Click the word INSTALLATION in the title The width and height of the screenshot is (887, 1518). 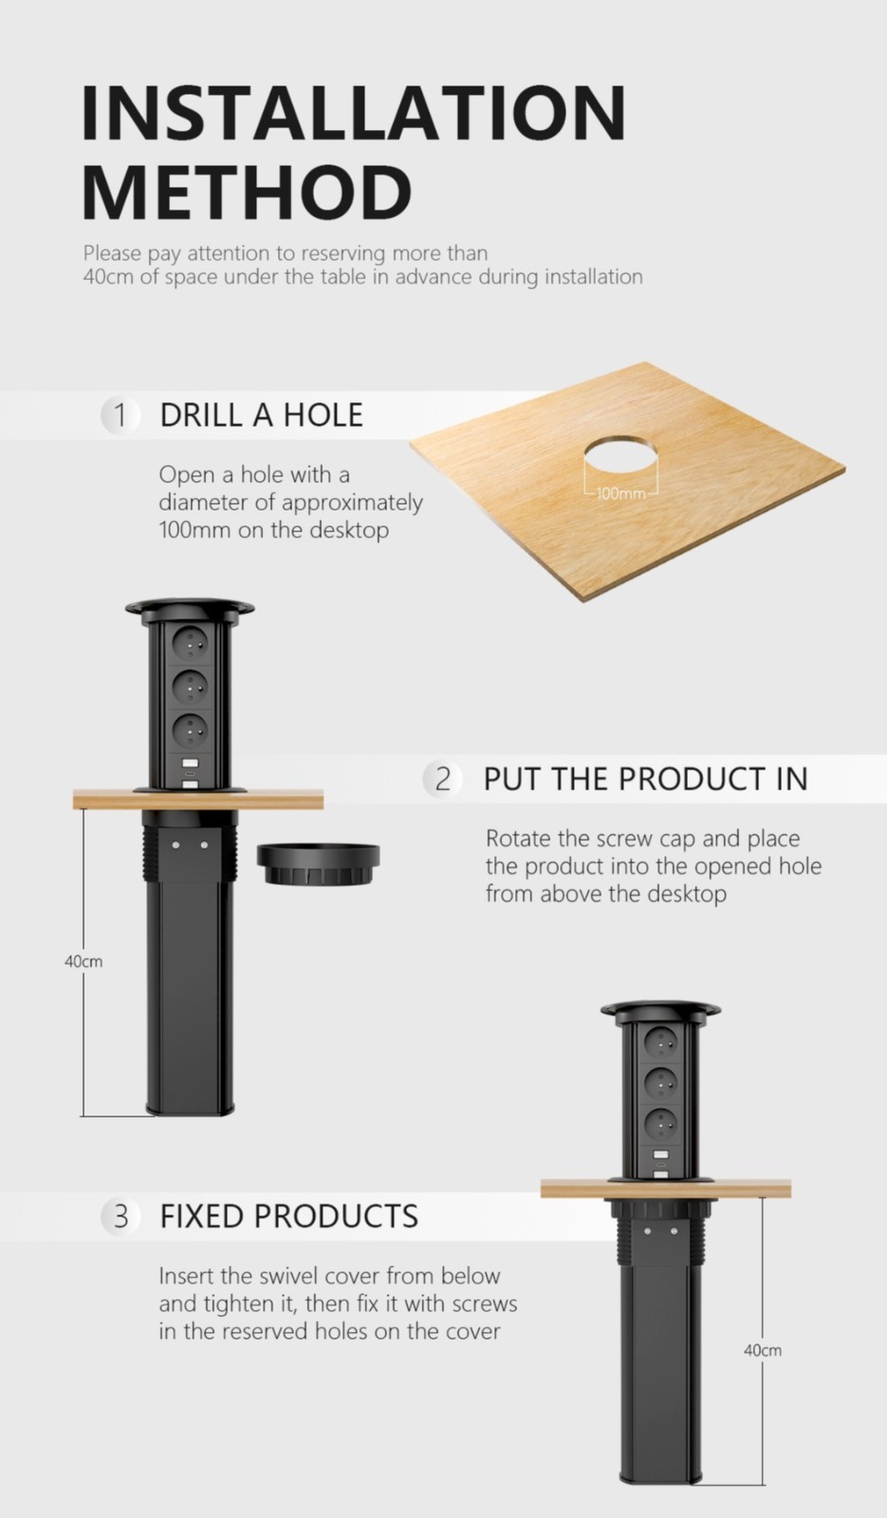(354, 113)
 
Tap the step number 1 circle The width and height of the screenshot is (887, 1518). (120, 415)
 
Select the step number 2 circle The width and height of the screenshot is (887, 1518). (442, 779)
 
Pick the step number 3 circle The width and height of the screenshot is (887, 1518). (120, 1216)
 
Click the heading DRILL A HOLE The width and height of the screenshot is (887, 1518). (262, 415)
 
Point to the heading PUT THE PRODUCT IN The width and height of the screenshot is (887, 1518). (646, 779)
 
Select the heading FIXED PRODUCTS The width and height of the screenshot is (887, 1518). (289, 1216)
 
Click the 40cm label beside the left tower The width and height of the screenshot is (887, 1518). (83, 962)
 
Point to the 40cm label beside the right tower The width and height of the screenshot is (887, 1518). (763, 1351)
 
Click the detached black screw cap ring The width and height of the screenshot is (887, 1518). (318, 864)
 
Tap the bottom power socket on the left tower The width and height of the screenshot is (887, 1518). (191, 731)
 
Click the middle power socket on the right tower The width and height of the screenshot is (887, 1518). (660, 1085)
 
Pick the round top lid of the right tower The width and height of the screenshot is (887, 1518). (660, 1009)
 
